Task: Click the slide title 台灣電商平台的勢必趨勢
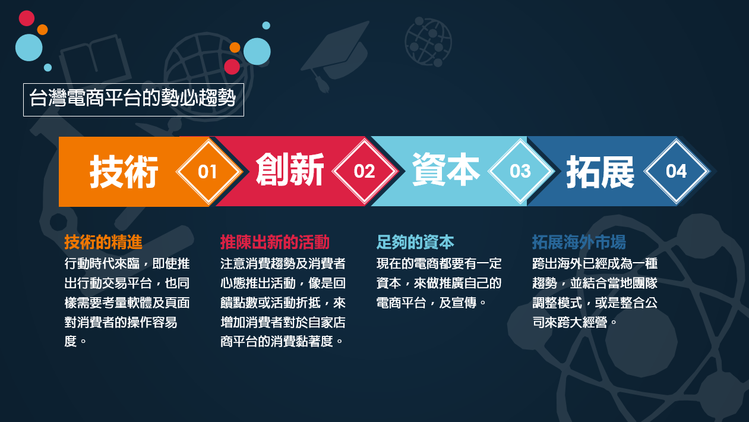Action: [x=133, y=99]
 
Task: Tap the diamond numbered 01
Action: [x=208, y=172]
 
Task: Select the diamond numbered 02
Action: [x=364, y=172]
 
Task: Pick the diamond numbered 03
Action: [x=520, y=172]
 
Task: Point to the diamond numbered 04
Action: [x=677, y=172]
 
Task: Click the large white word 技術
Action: [x=125, y=172]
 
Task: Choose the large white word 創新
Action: [x=290, y=172]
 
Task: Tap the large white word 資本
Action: [x=445, y=172]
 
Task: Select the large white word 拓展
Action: [x=600, y=172]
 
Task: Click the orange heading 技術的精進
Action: [x=103, y=242]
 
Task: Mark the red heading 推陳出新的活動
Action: [x=274, y=242]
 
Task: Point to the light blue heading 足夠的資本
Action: [x=415, y=242]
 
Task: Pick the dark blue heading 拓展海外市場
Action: [x=579, y=242]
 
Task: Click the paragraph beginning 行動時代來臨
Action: [x=127, y=303]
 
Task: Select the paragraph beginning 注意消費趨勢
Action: [x=283, y=303]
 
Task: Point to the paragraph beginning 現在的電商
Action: [x=439, y=283]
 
